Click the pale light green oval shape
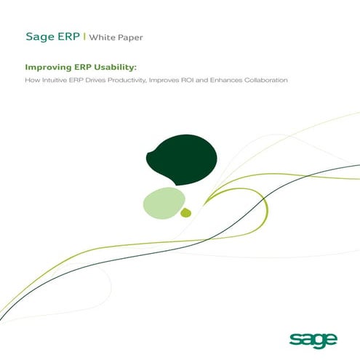(x=163, y=202)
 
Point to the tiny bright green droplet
(x=186, y=212)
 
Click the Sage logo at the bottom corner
(x=314, y=338)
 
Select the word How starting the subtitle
(x=31, y=79)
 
